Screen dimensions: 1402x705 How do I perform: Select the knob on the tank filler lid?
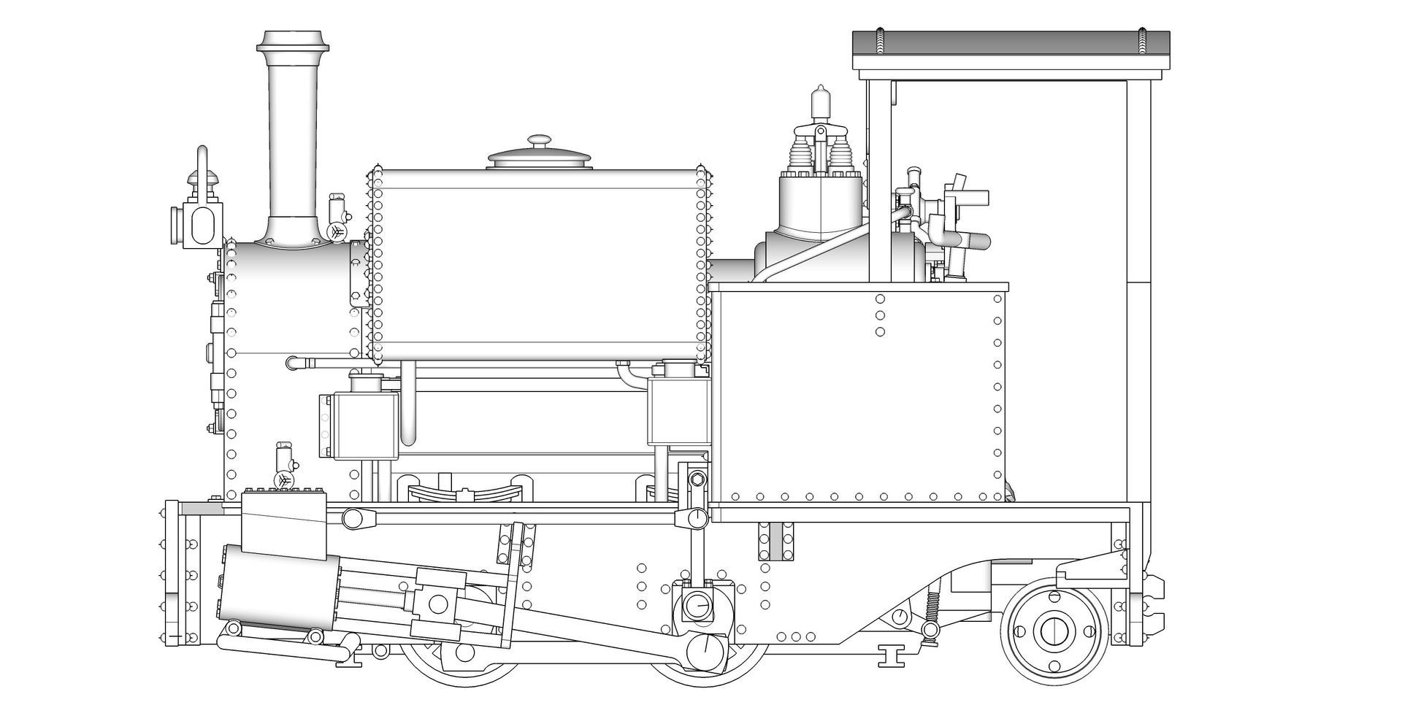[540, 140]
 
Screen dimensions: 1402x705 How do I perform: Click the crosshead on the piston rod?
[439, 604]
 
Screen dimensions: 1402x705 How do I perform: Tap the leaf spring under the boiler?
[464, 492]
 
